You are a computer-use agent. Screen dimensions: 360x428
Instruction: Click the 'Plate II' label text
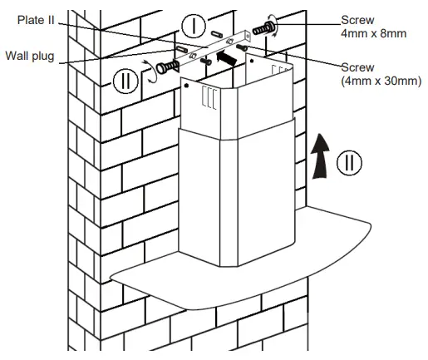click(x=32, y=21)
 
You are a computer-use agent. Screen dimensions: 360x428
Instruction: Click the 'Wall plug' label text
click(x=30, y=56)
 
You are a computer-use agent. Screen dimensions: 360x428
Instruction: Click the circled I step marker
click(x=194, y=25)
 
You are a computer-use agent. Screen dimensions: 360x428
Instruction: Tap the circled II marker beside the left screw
click(x=125, y=80)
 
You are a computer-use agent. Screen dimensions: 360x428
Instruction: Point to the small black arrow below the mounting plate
click(x=224, y=59)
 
